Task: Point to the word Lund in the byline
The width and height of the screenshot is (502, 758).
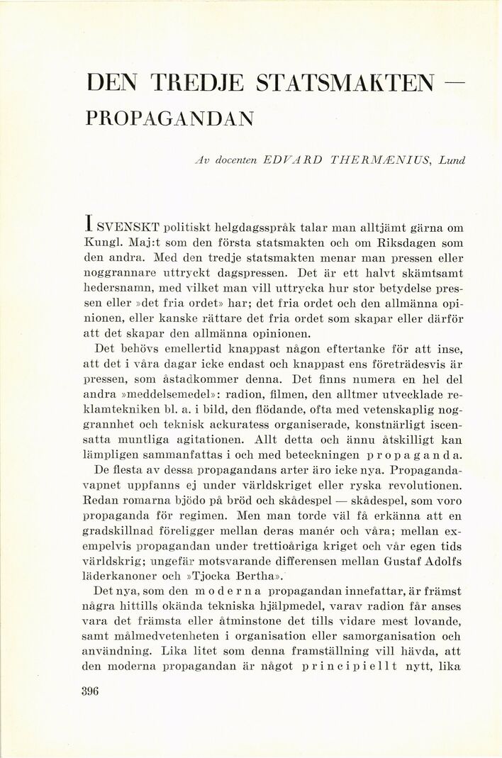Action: (x=452, y=160)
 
